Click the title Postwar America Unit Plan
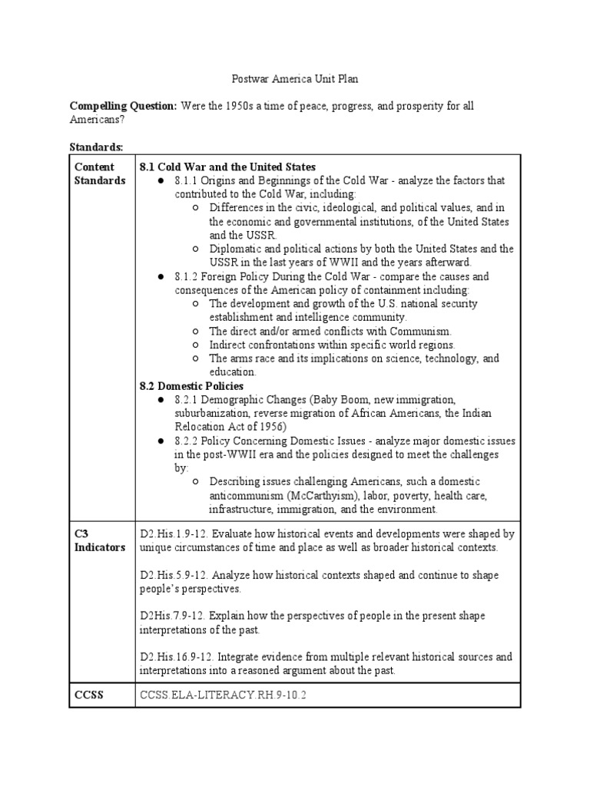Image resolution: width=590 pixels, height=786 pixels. pos(295,78)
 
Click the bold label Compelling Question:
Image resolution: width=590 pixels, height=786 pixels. pos(123,106)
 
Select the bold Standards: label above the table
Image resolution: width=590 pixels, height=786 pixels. pos(96,147)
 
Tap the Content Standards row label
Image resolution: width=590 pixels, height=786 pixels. pos(99,173)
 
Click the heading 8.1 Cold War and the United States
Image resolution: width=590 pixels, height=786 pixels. pos(227,167)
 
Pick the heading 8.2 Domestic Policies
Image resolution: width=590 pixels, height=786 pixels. pos(191,385)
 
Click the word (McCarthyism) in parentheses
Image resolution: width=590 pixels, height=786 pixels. pos(313,495)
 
